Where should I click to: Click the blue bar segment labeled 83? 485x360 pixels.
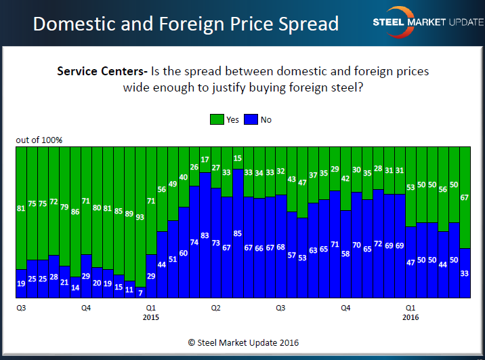click(205, 235)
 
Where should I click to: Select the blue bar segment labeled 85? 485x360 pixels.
click(238, 233)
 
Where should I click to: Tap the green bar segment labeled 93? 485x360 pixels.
click(140, 217)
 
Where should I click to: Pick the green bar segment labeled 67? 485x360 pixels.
click(465, 197)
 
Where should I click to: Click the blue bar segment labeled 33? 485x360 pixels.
click(465, 273)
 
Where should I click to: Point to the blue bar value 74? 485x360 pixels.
click(194, 242)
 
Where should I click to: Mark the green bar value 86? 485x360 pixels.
click(75, 212)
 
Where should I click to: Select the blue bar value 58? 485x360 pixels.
click(345, 254)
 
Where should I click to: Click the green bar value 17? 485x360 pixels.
click(205, 160)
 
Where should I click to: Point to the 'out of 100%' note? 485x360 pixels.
click(39, 140)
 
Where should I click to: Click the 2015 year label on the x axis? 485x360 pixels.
click(151, 317)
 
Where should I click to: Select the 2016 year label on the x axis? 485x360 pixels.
click(410, 317)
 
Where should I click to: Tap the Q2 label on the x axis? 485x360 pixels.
click(216, 307)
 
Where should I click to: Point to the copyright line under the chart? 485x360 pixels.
click(242, 342)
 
